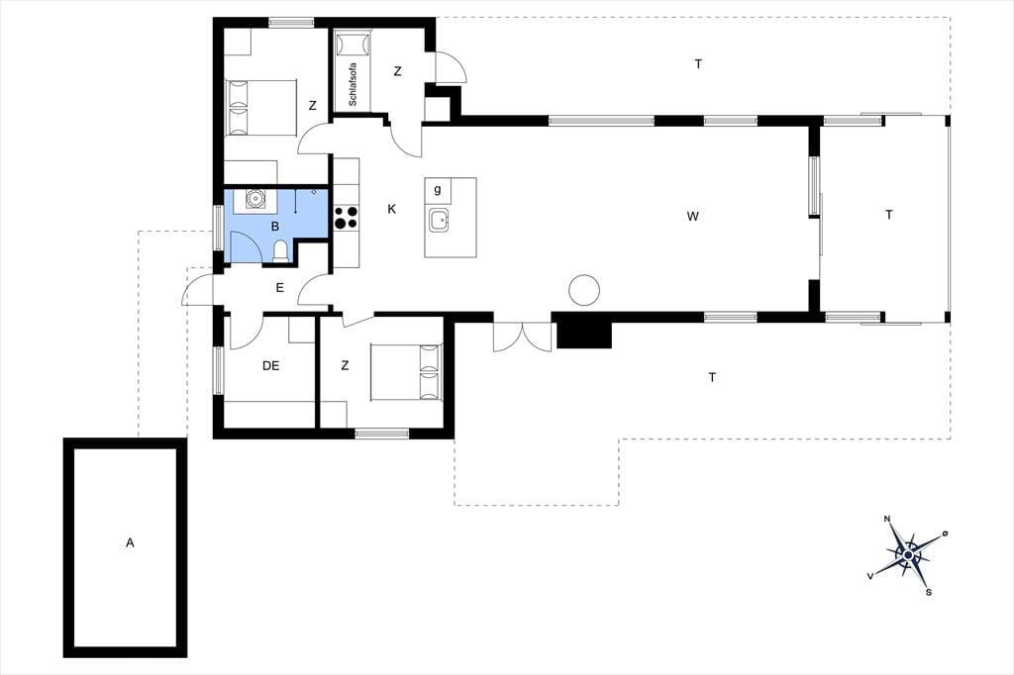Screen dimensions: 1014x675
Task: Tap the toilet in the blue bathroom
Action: tap(281, 251)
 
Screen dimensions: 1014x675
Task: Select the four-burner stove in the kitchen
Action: tap(347, 217)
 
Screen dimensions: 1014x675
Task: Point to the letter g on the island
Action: tap(438, 189)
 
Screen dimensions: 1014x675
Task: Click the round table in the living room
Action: tap(584, 290)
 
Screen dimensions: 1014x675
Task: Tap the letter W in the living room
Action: tap(692, 216)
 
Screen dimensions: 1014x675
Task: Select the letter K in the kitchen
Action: tap(391, 209)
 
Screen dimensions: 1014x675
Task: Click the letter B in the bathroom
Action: tap(275, 227)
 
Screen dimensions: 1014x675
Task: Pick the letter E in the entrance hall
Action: tap(280, 288)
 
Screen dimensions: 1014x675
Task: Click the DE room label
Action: tap(271, 366)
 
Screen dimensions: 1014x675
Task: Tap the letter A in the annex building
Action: tap(130, 543)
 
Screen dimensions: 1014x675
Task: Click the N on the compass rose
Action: tap(888, 519)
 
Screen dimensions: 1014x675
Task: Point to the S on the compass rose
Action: tap(929, 592)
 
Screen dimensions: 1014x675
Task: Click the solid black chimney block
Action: tap(584, 334)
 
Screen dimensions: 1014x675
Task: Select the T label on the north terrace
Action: tap(698, 64)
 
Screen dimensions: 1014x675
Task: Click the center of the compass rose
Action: tap(908, 554)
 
